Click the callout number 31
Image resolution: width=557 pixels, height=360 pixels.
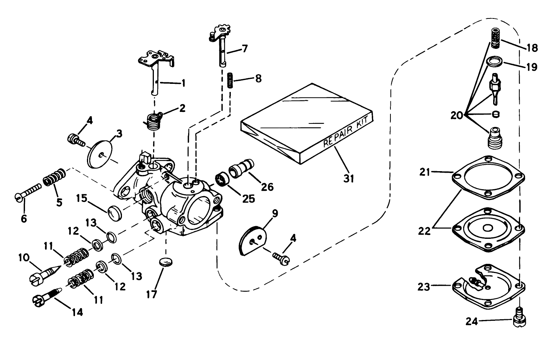pyautogui.click(x=349, y=178)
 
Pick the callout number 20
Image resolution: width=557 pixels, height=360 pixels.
pyautogui.click(x=457, y=115)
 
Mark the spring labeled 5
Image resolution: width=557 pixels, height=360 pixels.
pyautogui.click(x=54, y=177)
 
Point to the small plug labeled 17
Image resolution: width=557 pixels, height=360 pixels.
pyautogui.click(x=166, y=263)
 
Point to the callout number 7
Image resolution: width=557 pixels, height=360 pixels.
pyautogui.click(x=245, y=49)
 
